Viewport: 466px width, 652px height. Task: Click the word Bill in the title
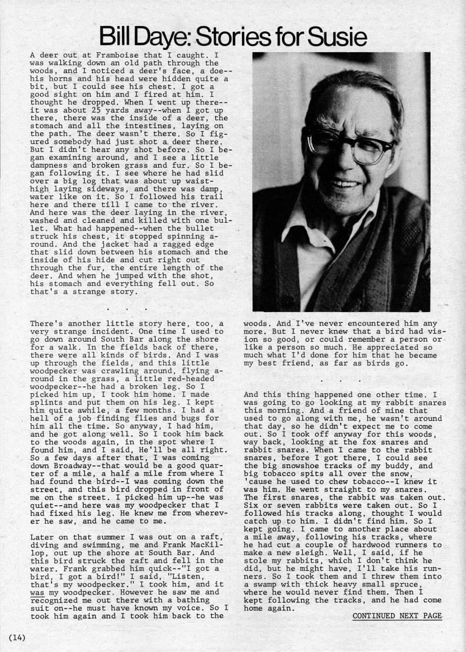(x=120, y=38)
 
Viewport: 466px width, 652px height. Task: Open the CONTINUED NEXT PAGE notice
(x=397, y=616)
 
